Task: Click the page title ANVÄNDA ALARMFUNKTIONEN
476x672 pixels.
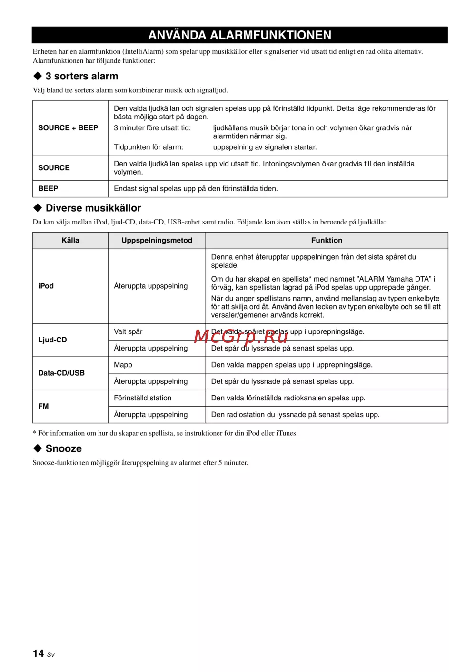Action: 239,35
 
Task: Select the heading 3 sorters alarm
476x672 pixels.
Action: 81,76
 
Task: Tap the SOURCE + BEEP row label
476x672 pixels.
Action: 68,128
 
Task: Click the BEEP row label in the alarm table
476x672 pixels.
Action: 48,189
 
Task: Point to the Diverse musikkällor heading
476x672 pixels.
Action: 93,208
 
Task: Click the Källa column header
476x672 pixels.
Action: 70,241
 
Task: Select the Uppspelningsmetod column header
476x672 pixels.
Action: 157,241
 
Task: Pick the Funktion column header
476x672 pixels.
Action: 327,241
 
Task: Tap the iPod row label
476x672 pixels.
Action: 46,286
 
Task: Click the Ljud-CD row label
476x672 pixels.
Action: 52,340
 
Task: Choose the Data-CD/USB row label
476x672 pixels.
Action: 61,373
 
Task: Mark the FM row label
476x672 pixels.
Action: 43,406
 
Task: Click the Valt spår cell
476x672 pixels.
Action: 128,332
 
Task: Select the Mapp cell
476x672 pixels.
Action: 123,365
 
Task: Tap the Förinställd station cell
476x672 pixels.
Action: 142,398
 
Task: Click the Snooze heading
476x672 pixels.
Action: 63,448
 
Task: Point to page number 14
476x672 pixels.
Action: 39,653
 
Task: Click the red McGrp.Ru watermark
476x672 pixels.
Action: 240,336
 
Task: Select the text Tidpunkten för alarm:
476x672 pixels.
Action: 148,147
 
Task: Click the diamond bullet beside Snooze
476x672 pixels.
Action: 38,448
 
